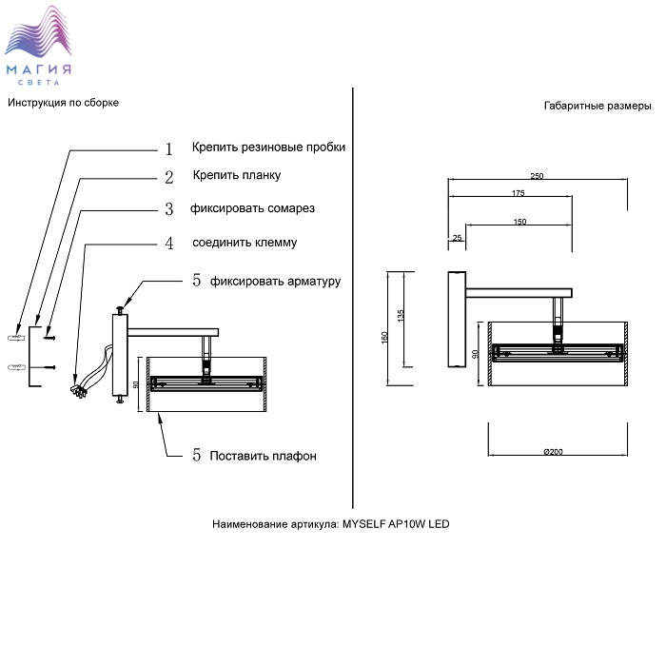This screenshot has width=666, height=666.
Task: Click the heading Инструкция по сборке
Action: pos(63,103)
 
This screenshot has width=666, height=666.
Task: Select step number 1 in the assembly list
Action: pos(168,149)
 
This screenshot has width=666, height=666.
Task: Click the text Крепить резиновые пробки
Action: pos(268,147)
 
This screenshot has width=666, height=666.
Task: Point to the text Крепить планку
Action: pos(236,176)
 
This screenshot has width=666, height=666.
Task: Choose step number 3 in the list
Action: pos(168,209)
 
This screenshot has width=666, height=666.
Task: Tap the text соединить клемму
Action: pos(245,243)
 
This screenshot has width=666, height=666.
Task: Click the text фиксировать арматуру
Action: pos(275,281)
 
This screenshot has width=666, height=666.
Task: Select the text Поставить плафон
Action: pos(264,456)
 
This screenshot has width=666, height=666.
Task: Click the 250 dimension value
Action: pos(537,176)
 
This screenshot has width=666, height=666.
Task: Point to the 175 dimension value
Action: pos(518,194)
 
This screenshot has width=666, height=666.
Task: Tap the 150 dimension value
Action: pos(519,222)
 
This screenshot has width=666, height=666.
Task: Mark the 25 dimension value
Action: pos(458,237)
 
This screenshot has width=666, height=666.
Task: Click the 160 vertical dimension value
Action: pos(384,337)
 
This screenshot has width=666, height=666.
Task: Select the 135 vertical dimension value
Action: pos(402,314)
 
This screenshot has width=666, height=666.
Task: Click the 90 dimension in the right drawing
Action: pos(476,353)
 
